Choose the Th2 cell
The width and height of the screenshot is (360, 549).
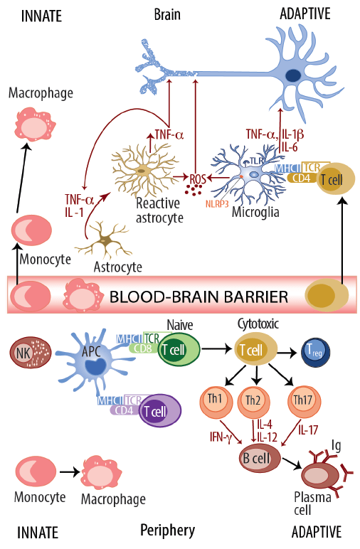253,400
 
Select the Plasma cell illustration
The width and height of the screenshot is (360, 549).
319,474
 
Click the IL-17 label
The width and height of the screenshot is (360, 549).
308,430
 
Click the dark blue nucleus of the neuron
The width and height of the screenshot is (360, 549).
293,75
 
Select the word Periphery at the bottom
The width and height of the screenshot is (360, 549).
168,531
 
